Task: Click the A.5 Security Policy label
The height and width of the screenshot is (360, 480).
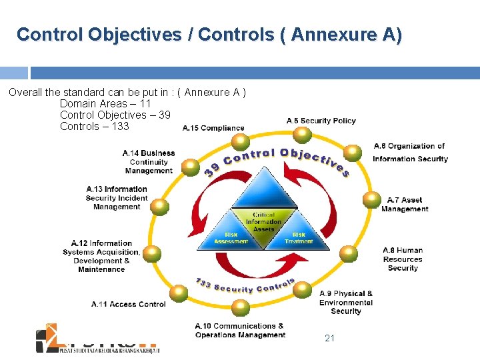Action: click(x=321, y=121)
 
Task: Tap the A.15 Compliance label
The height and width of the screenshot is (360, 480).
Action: click(x=213, y=128)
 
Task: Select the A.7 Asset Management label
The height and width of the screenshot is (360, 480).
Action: click(x=404, y=205)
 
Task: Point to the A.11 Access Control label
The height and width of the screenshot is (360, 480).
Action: click(x=128, y=304)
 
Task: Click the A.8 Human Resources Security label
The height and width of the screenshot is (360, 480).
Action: click(x=403, y=259)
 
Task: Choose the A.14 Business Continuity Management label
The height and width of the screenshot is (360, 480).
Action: click(x=149, y=162)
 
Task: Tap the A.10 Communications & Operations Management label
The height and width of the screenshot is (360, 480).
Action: click(x=240, y=331)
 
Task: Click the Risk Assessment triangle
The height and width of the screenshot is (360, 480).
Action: click(x=231, y=235)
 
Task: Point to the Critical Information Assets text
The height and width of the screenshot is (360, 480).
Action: click(x=264, y=221)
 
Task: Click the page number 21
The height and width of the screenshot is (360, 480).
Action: click(x=329, y=339)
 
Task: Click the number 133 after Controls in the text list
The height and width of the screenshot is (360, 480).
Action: click(x=120, y=126)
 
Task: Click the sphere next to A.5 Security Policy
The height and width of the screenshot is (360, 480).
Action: click(x=303, y=135)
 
